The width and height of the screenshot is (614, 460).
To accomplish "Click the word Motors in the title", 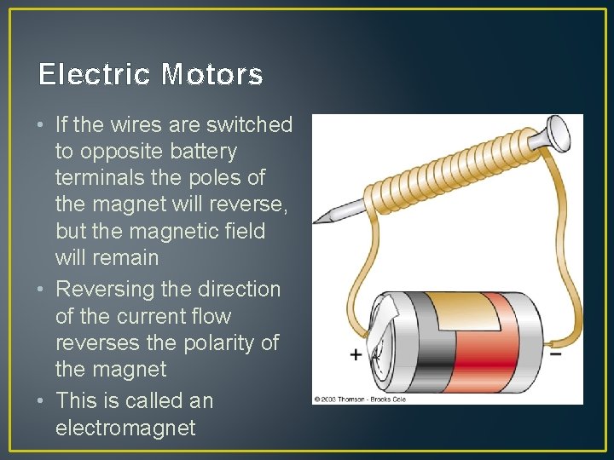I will [x=211, y=76].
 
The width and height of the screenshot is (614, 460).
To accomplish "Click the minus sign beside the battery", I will [x=554, y=352].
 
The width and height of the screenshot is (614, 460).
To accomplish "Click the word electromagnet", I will [x=125, y=428].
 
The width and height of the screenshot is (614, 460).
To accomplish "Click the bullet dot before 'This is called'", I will [x=42, y=401].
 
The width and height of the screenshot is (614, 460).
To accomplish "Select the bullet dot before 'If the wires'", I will [x=42, y=125].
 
